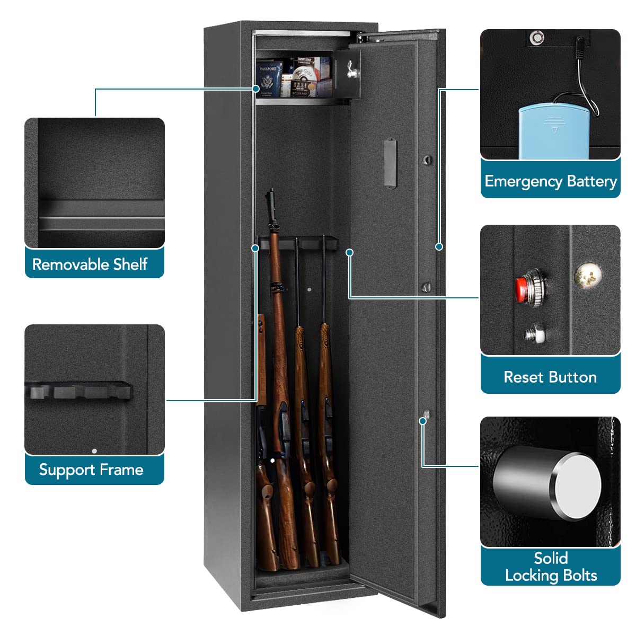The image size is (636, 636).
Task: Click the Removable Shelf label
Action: pos(90,264)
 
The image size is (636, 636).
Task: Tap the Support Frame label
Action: pos(91,470)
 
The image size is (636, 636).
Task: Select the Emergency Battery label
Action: pos(551,181)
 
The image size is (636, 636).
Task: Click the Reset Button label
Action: pos(550,377)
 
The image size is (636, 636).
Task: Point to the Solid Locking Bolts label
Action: pos(551,567)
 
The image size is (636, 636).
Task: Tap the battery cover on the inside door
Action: pos(391,163)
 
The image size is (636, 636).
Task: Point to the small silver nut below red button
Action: pos(533,334)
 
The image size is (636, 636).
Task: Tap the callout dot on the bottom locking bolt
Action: pos(423,421)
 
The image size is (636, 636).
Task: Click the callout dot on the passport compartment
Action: pos(257,89)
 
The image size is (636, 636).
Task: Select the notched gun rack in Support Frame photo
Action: pos(79,391)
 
